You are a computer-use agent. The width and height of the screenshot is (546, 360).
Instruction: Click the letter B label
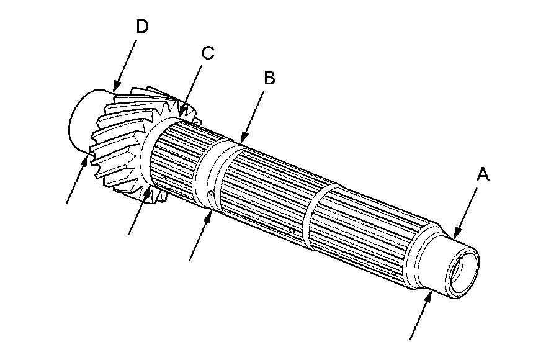click(269, 78)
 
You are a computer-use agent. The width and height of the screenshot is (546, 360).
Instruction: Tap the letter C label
click(207, 53)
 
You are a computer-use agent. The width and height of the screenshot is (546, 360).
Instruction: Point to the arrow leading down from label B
click(254, 112)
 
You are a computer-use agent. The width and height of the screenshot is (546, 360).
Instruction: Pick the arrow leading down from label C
click(190, 88)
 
